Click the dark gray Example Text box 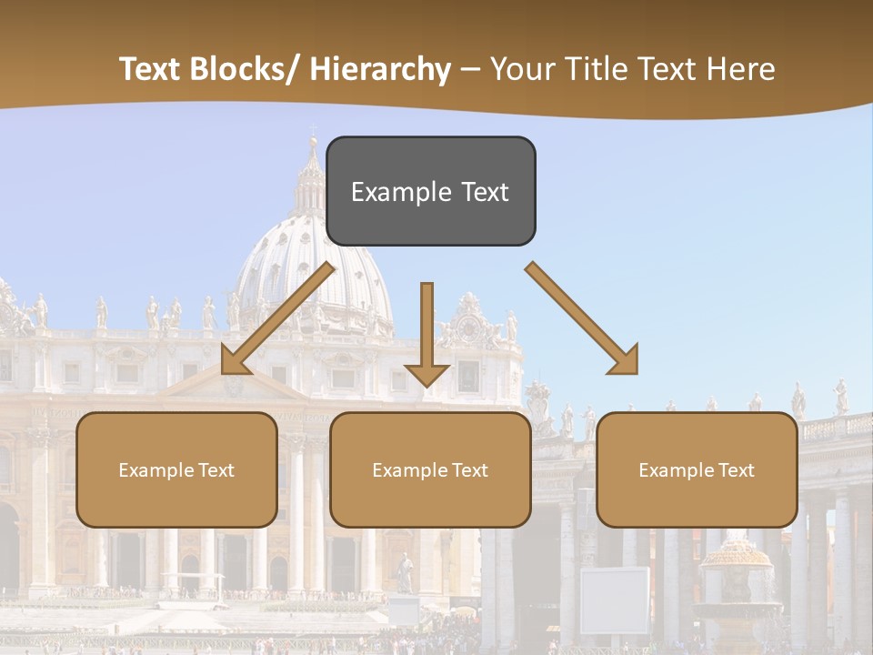[430, 191]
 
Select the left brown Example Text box [176, 469]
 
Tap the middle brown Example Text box [430, 469]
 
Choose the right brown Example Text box [697, 469]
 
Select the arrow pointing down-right [582, 318]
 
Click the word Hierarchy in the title [380, 69]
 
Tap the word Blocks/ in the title [240, 69]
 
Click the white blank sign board [615, 600]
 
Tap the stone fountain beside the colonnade [737, 582]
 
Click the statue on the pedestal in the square [405, 573]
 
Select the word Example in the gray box [388, 192]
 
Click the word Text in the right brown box [736, 469]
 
